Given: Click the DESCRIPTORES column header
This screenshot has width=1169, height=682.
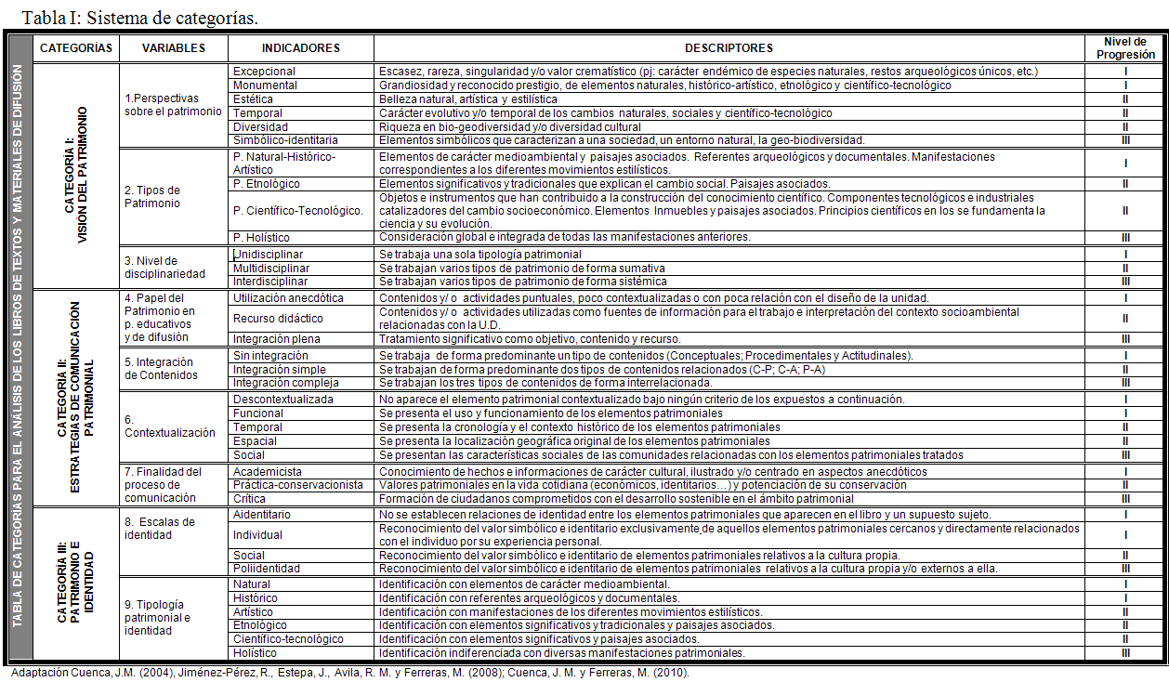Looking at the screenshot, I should click(729, 48).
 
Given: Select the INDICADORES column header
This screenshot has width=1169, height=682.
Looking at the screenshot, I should click(300, 48).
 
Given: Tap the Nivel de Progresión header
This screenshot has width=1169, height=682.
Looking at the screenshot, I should click(1124, 48).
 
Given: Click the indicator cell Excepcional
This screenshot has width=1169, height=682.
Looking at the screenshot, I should click(265, 72).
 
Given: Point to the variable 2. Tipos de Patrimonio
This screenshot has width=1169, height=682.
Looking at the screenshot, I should click(152, 197).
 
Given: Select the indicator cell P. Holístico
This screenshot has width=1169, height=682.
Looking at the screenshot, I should click(261, 238).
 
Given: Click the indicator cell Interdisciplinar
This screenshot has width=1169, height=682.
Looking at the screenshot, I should click(270, 282).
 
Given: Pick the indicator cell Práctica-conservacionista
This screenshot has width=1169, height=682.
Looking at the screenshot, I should click(298, 485).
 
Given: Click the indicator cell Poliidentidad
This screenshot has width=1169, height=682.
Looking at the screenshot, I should click(266, 569).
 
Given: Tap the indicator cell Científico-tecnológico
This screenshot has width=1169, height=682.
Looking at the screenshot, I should click(288, 639).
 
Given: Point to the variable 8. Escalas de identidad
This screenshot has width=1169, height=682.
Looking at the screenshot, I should click(160, 528).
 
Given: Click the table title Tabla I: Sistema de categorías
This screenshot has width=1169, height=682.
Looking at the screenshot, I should click(139, 18).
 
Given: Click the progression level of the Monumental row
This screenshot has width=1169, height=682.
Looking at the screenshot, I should click(1124, 85).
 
